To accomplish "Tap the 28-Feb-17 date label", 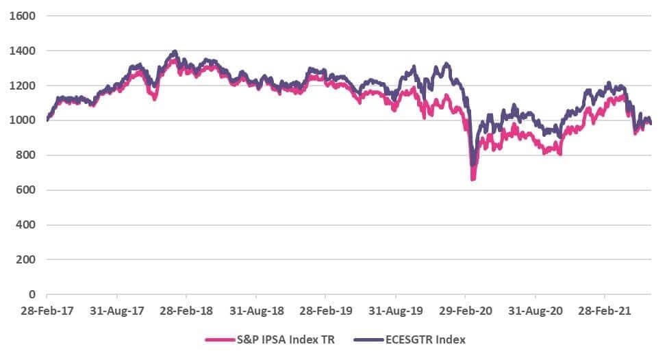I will click(x=47, y=311).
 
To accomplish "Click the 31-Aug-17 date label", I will click(x=116, y=311).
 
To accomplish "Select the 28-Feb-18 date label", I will click(x=186, y=311).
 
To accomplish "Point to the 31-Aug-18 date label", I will click(x=255, y=311).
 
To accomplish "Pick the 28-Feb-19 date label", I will click(x=325, y=311).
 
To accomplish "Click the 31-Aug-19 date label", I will click(x=396, y=311).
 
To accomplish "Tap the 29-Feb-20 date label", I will click(x=465, y=311).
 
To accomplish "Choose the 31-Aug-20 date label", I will click(x=536, y=311).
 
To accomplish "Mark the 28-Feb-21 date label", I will click(x=605, y=311).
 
